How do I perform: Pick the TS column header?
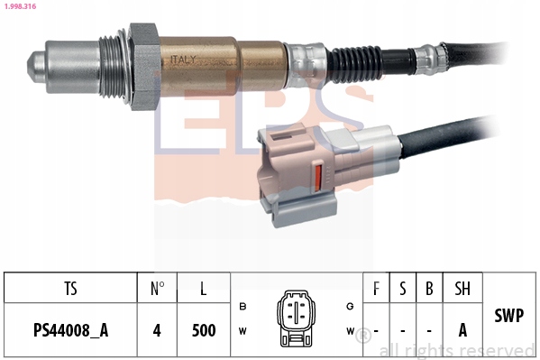tap(70, 290)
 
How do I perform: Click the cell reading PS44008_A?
tap(70, 329)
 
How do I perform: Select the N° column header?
tap(157, 290)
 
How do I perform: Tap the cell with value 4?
tap(157, 329)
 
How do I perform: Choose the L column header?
tap(204, 290)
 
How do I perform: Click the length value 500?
tap(204, 329)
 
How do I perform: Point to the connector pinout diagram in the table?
tap(295, 318)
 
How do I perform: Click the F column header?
tap(375, 290)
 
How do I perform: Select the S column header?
tap(403, 290)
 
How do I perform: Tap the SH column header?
tap(462, 290)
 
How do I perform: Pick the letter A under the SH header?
tap(462, 329)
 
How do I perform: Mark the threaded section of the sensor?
tap(113, 65)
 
